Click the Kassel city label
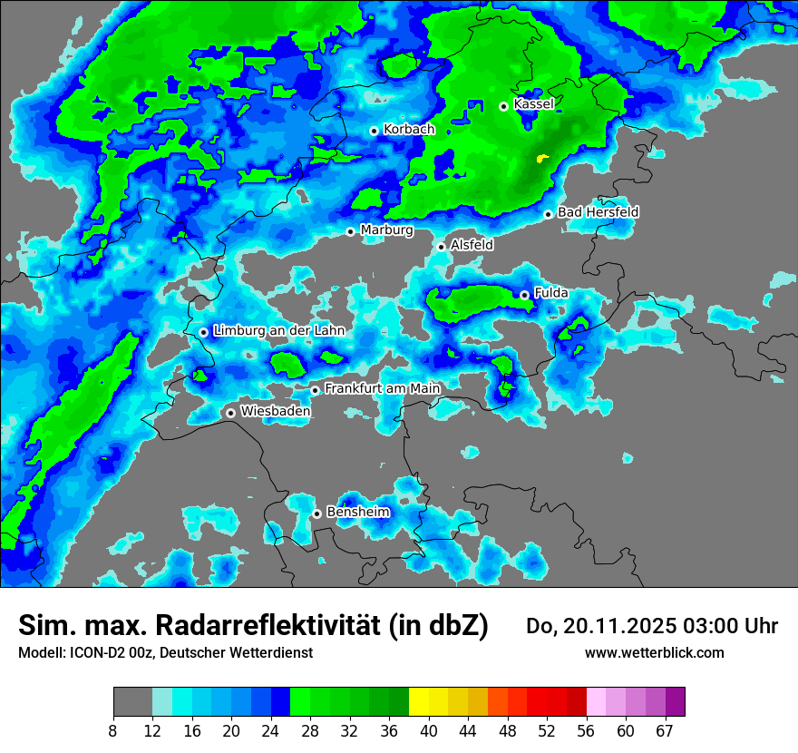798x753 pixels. pyautogui.click(x=533, y=104)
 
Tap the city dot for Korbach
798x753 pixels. pyautogui.click(x=374, y=131)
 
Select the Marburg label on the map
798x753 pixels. pyautogui.click(x=386, y=230)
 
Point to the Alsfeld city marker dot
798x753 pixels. pyautogui.click(x=442, y=247)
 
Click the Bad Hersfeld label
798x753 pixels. pyautogui.click(x=598, y=212)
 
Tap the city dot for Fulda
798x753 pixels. pyautogui.click(x=524, y=295)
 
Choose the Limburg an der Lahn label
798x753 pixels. pyautogui.click(x=278, y=331)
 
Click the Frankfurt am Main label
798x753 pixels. pyautogui.click(x=382, y=389)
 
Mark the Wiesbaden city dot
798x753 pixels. pyautogui.click(x=231, y=413)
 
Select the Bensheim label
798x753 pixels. pyautogui.click(x=357, y=513)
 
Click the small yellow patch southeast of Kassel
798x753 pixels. pyautogui.click(x=542, y=159)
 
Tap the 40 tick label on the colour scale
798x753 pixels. pyautogui.click(x=429, y=731)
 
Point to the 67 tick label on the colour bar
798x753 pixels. pyautogui.click(x=665, y=731)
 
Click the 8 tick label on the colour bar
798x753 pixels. pyautogui.click(x=113, y=731)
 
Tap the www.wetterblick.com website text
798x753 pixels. pyautogui.click(x=654, y=653)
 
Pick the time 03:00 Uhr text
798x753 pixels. pyautogui.click(x=729, y=626)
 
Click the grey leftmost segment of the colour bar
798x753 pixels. pyautogui.click(x=132, y=702)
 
